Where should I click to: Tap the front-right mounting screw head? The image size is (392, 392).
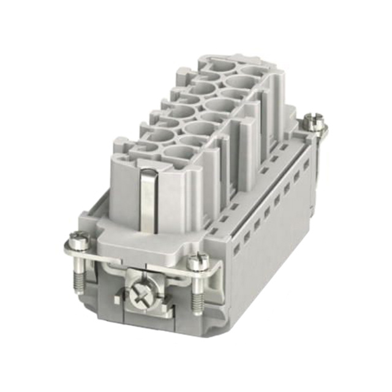198,262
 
